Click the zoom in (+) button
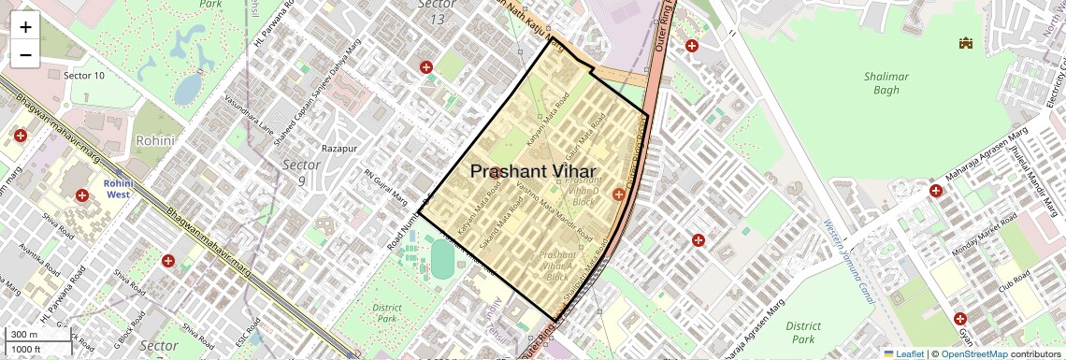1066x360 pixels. coord(25,27)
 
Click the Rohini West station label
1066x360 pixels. coord(119,190)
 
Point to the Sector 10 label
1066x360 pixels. coord(83,75)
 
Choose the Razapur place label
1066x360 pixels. coord(340,149)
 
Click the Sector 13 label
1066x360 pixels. coord(437,11)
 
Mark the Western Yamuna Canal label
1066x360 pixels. coord(850,261)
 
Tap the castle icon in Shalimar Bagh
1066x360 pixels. coord(965,43)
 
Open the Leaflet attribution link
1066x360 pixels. coord(903,353)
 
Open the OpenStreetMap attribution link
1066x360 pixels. coord(973,353)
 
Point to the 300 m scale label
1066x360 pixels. coord(24,335)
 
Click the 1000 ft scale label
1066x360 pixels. coord(28,349)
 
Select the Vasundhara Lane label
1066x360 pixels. coord(249,117)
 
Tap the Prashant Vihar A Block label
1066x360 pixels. coord(557,266)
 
